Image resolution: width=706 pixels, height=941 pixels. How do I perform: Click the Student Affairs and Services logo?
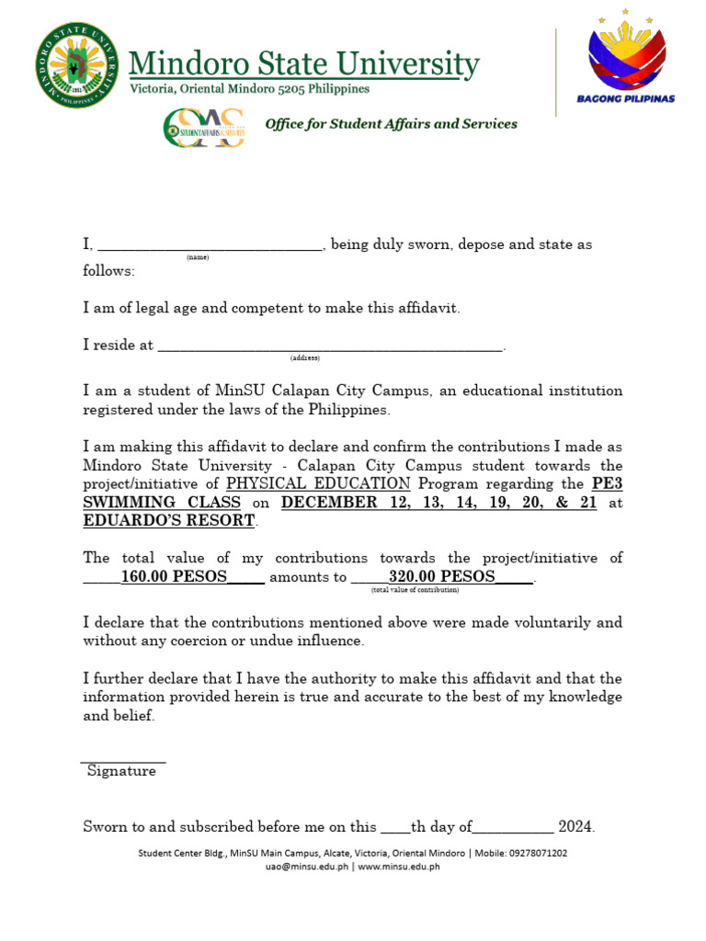click(203, 127)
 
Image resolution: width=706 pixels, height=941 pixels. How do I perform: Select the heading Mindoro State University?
click(303, 64)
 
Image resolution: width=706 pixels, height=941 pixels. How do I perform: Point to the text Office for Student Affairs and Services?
click(391, 124)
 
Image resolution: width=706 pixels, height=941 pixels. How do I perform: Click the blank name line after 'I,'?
click(210, 244)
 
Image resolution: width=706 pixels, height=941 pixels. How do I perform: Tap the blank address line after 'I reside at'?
click(330, 346)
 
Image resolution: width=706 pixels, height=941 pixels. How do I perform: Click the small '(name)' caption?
click(198, 258)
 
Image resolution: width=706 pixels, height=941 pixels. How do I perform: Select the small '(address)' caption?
click(304, 357)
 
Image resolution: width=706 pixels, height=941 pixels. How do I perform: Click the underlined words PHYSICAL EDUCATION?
click(318, 483)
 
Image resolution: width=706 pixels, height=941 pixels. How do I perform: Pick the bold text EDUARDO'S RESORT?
click(169, 520)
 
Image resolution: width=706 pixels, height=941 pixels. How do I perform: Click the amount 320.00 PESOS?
click(441, 577)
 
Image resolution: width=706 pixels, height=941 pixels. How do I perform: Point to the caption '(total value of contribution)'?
click(415, 590)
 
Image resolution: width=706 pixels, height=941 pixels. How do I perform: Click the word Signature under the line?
click(121, 772)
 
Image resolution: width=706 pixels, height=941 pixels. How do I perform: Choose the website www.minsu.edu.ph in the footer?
click(398, 866)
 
